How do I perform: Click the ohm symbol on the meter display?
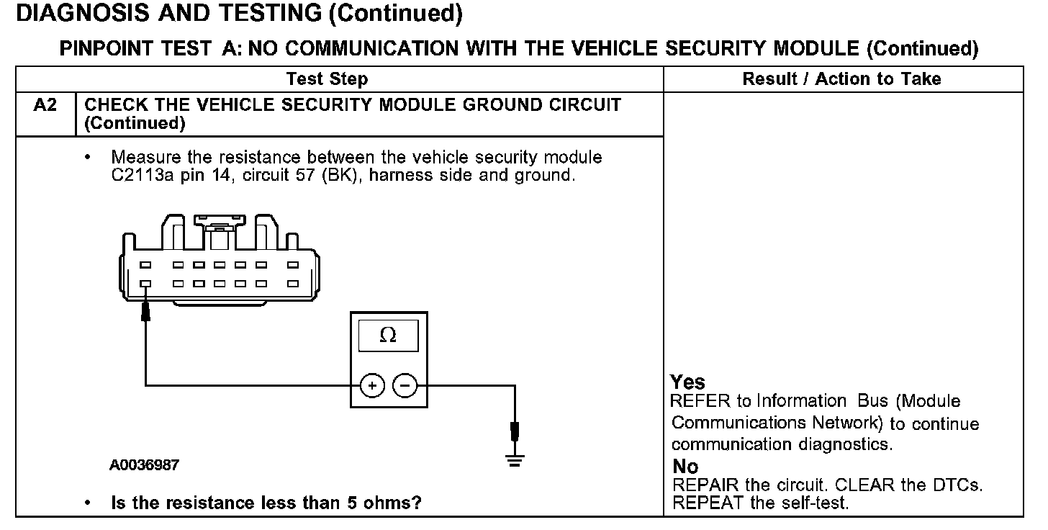pos(388,336)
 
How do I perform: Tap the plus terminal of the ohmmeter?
pos(371,387)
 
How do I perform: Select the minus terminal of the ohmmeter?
pos(405,387)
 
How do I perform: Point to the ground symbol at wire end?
pos(514,461)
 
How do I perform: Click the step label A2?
pos(45,105)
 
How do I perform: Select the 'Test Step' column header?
pos(327,78)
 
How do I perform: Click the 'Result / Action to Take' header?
pos(841,78)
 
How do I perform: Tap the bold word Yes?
pos(687,382)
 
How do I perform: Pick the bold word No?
pos(685,466)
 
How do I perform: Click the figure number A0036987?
pos(144,465)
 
